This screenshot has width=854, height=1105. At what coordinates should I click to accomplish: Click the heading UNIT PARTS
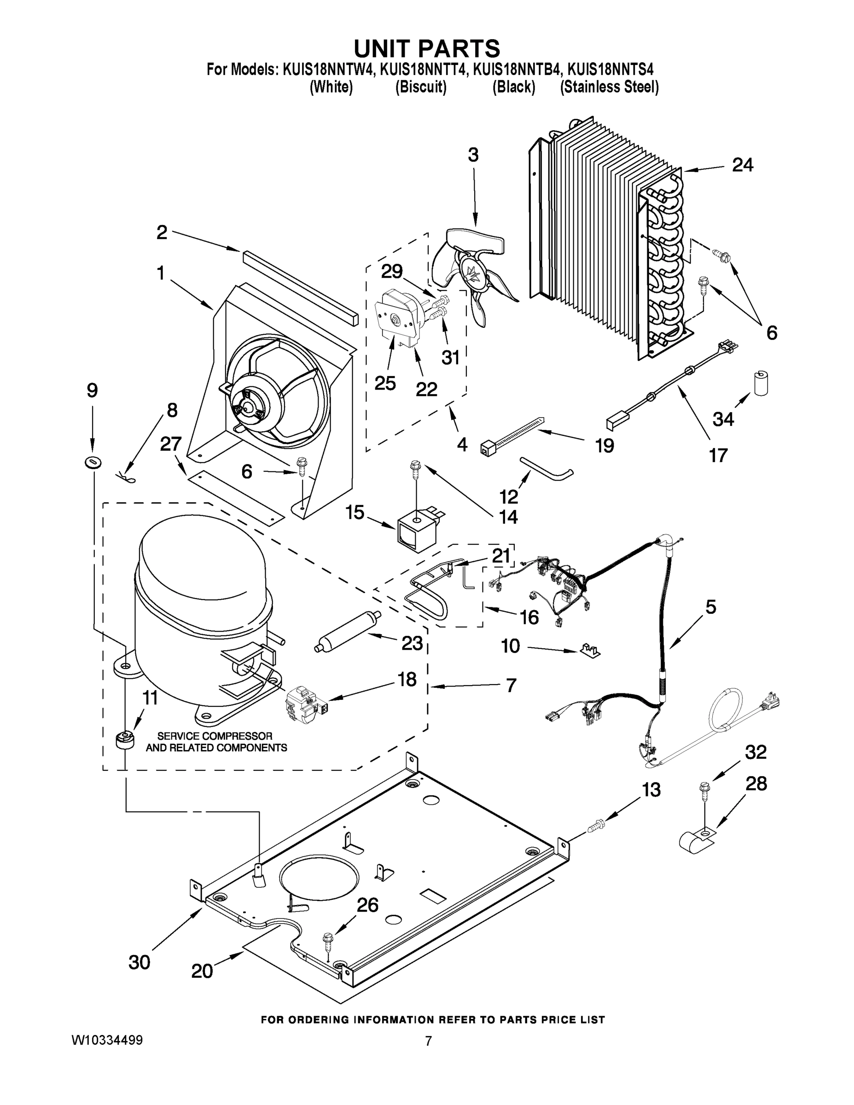(x=426, y=48)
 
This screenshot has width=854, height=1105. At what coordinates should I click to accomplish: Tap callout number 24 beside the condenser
(x=742, y=165)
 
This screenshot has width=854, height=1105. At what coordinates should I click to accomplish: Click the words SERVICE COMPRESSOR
(x=215, y=736)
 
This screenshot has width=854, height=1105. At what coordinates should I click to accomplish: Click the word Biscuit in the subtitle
(x=420, y=87)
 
